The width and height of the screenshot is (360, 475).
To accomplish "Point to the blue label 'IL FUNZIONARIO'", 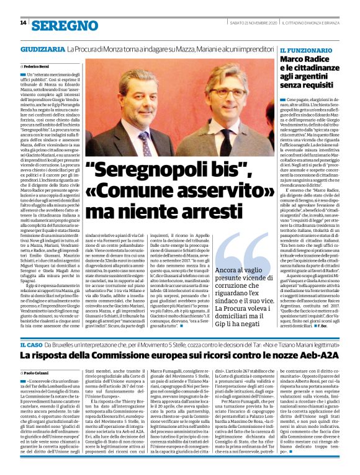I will [x=304, y=49].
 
